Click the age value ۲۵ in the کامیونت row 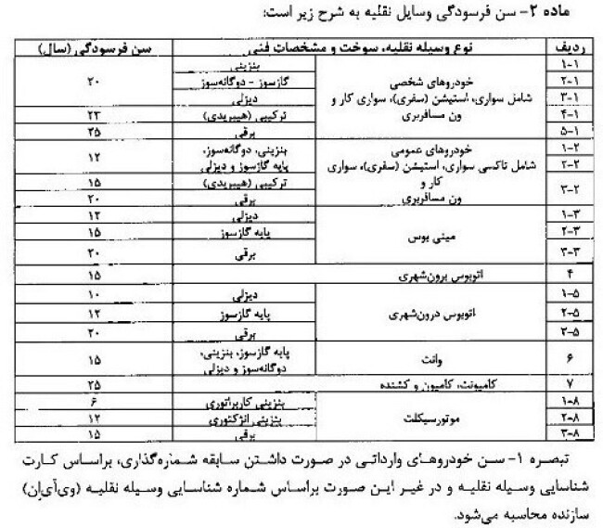click(93, 383)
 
